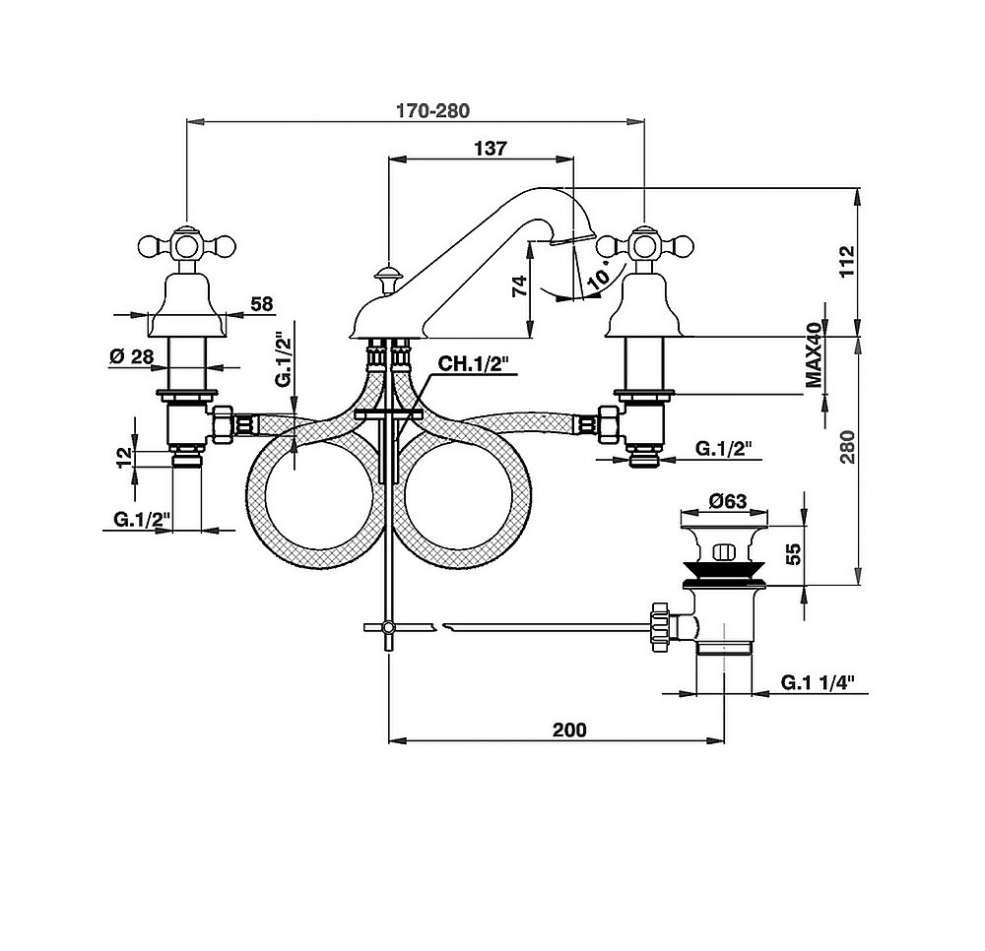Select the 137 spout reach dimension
[x=490, y=149]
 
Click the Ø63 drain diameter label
[x=729, y=500]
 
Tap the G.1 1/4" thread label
[x=819, y=681]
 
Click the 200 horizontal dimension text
[x=568, y=729]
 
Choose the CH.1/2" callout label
[x=471, y=364]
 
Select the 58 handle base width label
[x=261, y=304]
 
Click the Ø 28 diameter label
[x=132, y=356]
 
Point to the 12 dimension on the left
[x=125, y=457]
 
